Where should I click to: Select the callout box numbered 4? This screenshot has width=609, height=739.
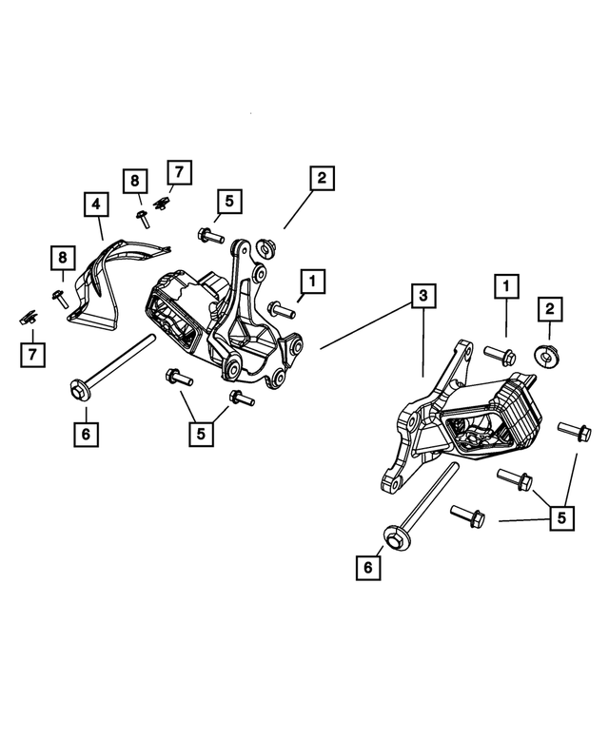pyautogui.click(x=95, y=203)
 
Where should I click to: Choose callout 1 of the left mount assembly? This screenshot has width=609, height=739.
pyautogui.click(x=311, y=281)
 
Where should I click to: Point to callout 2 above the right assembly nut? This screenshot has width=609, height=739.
pyautogui.click(x=549, y=308)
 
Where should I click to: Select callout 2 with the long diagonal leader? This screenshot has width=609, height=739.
pyautogui.click(x=321, y=178)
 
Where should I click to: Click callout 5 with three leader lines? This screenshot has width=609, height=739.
pyautogui.click(x=561, y=518)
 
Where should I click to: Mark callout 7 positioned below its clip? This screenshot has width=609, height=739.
pyautogui.click(x=32, y=355)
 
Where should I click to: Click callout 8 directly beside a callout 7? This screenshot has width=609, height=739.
pyautogui.click(x=134, y=180)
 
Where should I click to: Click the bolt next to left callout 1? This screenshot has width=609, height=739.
pyautogui.click(x=281, y=308)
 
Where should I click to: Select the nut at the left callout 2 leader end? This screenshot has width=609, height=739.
pyautogui.click(x=265, y=245)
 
